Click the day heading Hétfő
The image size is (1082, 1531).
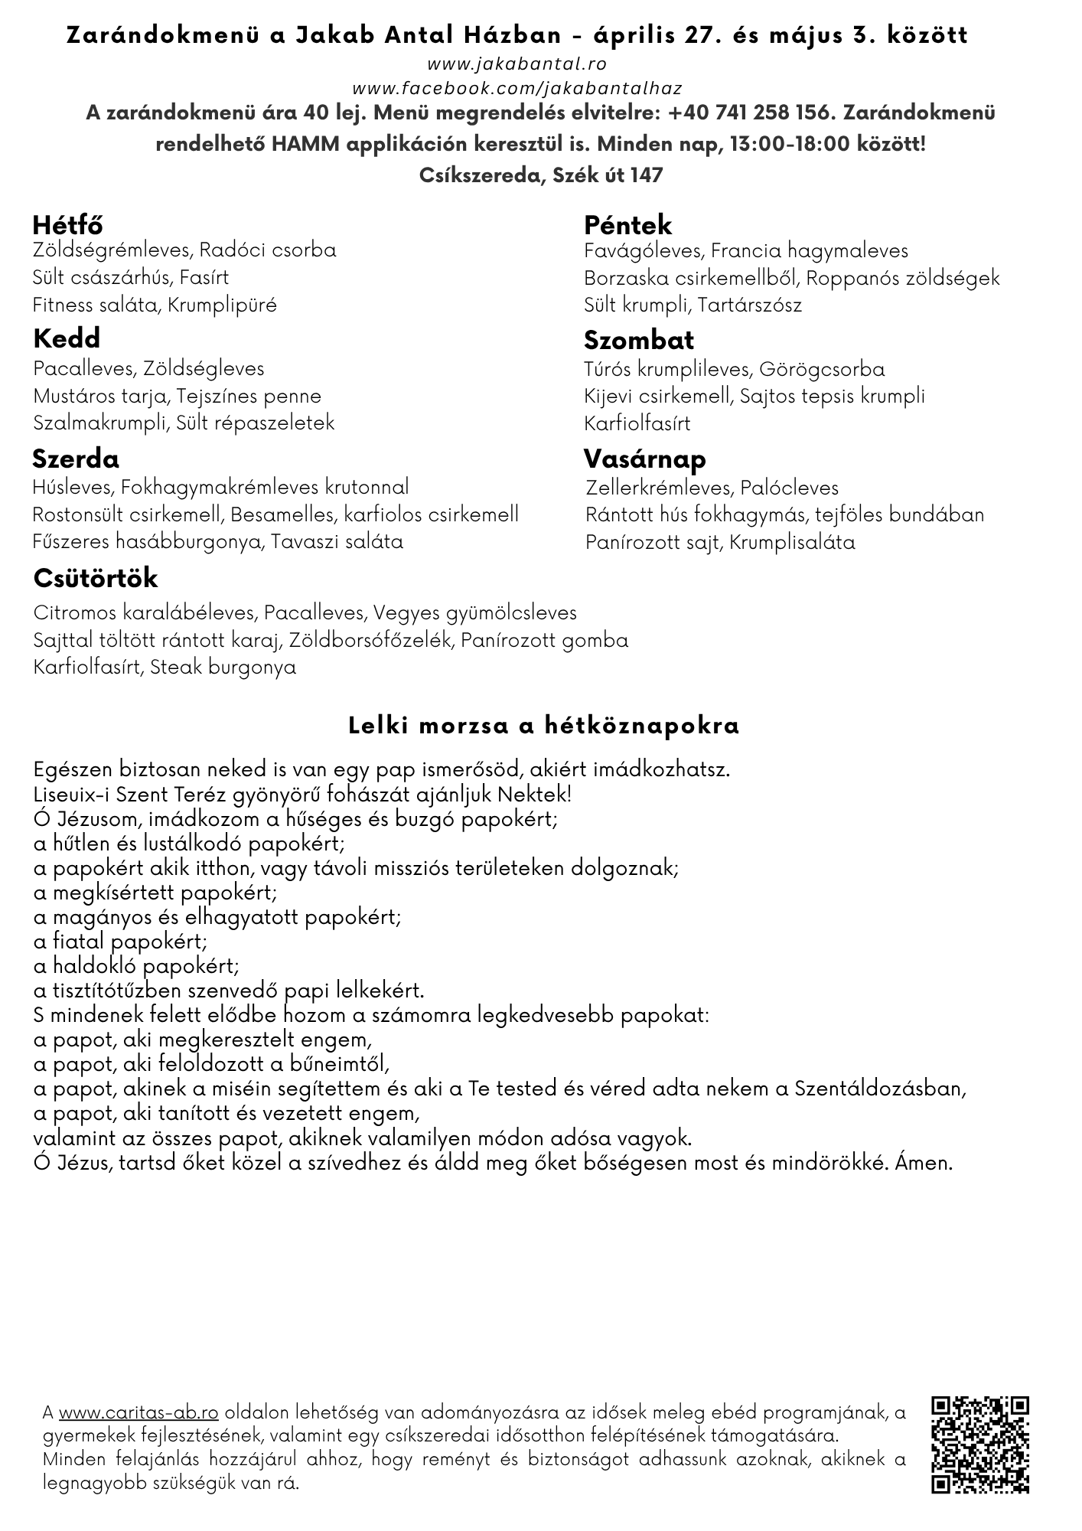click(x=67, y=225)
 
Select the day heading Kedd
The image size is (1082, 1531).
click(x=67, y=338)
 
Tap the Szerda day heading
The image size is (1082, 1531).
click(x=76, y=459)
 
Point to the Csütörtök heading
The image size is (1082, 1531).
click(x=96, y=578)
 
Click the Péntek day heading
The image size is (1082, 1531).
click(x=627, y=225)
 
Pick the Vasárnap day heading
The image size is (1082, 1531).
click(x=644, y=459)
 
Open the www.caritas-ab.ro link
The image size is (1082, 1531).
click(x=139, y=1412)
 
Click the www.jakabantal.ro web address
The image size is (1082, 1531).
click(x=517, y=64)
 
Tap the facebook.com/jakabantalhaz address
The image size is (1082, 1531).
click(x=517, y=89)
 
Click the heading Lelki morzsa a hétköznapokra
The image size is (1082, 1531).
click(x=544, y=726)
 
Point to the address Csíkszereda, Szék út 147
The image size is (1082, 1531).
click(x=541, y=175)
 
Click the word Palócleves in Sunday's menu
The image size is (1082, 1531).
click(x=789, y=488)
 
